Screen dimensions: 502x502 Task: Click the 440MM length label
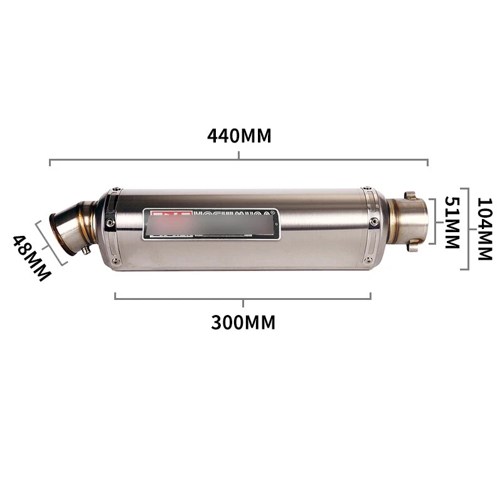click(239, 136)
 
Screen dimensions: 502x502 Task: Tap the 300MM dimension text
click(243, 322)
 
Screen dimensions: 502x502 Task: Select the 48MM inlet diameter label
click(31, 258)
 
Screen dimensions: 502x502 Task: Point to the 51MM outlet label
click(452, 223)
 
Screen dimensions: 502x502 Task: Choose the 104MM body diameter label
click(484, 229)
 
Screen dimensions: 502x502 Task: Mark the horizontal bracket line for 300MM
click(188, 297)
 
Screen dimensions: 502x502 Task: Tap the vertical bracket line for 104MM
click(467, 229)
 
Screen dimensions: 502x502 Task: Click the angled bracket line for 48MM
click(49, 242)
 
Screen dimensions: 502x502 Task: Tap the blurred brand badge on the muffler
click(212, 223)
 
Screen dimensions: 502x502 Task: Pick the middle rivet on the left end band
click(110, 223)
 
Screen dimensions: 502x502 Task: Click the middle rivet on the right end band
click(375, 222)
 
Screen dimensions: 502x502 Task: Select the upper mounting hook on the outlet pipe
click(410, 196)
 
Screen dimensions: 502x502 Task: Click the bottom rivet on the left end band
click(115, 261)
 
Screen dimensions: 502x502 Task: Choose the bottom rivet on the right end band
click(370, 259)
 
